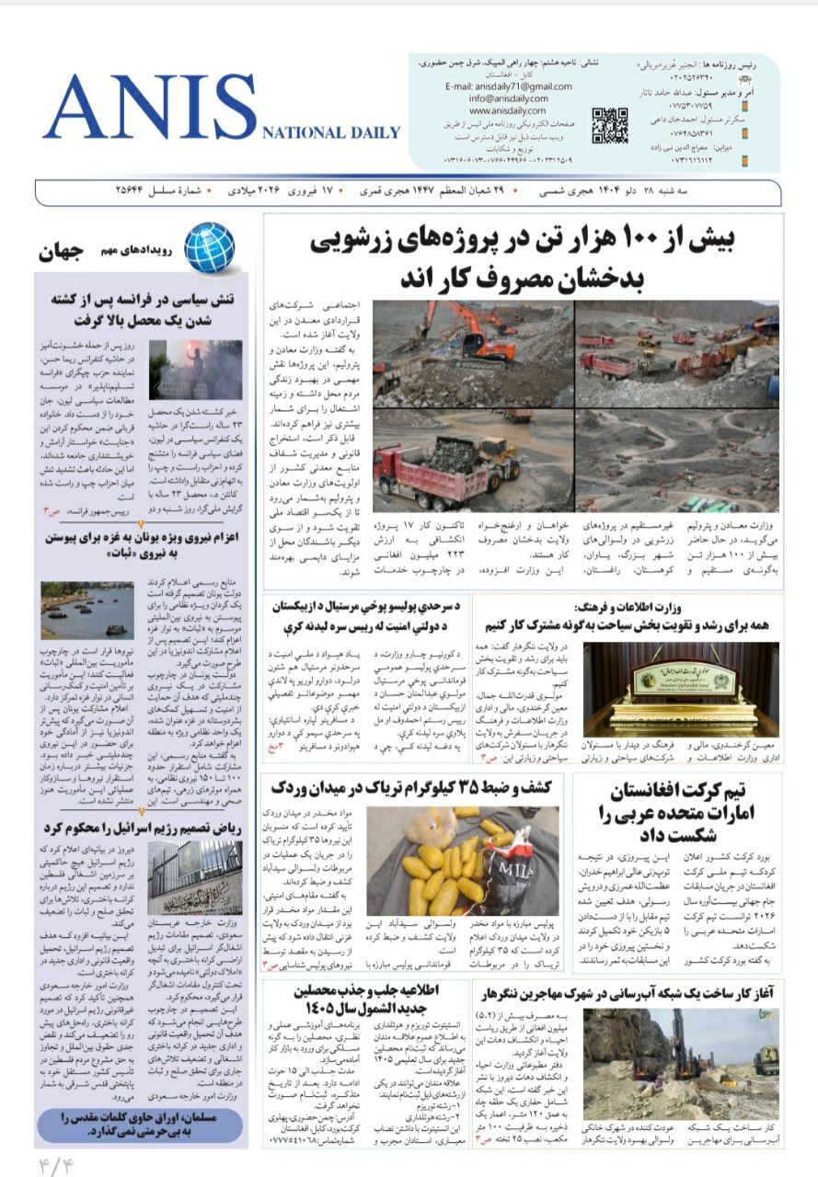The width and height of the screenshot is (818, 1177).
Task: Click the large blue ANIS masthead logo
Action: coord(150,106)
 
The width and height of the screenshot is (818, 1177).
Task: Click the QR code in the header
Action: coord(609,125)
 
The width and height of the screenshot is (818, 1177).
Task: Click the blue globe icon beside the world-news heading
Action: coord(209,247)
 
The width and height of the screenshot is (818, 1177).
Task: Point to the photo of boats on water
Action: coord(87,609)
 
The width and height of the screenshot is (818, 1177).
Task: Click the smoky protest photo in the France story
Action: coord(195,370)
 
